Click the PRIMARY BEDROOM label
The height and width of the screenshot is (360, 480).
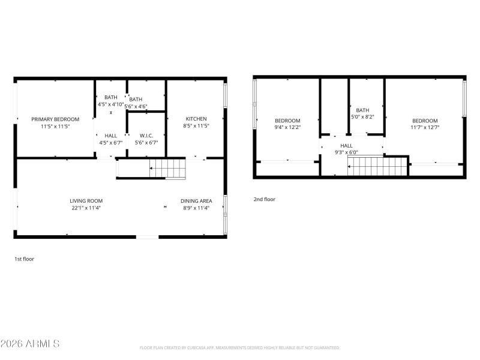55,119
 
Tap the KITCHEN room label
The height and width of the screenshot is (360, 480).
196,119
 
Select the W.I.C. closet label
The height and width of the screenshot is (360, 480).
147,136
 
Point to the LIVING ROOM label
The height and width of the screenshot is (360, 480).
86,201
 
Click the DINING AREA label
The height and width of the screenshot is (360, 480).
197,201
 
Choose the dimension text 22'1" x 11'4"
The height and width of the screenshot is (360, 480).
86,208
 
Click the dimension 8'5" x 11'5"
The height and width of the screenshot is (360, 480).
196,127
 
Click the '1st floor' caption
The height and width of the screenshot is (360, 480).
24,259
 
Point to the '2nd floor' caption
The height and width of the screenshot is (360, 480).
264,199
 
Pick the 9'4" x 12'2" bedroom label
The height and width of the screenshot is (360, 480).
287,124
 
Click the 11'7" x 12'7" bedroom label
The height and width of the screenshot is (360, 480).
424,124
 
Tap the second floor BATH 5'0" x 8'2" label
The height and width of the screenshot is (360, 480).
362,113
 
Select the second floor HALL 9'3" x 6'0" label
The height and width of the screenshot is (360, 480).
347,149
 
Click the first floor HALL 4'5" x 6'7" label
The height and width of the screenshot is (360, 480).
111,139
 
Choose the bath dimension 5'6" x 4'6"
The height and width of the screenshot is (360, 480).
136,106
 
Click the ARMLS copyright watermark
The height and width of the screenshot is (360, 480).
30,344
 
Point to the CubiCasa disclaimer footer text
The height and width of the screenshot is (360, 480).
240,347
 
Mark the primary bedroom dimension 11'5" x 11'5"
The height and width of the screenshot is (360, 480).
55,127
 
